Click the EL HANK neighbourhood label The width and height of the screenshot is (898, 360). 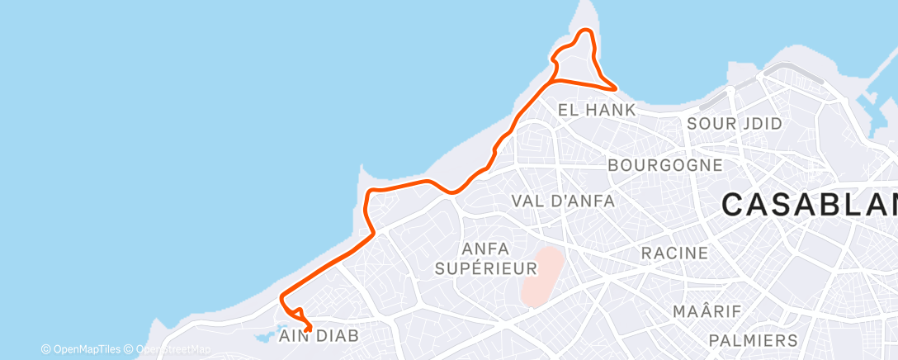pyautogui.click(x=597, y=110)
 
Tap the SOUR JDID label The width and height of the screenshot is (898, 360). pyautogui.click(x=735, y=124)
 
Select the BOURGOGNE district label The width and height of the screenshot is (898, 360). pyautogui.click(x=665, y=165)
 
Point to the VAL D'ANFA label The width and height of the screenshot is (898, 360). pyautogui.click(x=562, y=201)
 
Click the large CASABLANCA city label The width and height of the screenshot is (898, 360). pyautogui.click(x=809, y=204)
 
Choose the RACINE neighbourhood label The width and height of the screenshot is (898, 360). pyautogui.click(x=675, y=253)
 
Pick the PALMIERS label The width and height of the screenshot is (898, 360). pyautogui.click(x=754, y=340)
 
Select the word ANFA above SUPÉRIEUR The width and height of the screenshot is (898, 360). pyautogui.click(x=487, y=249)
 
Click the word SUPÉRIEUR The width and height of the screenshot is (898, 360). pyautogui.click(x=487, y=268)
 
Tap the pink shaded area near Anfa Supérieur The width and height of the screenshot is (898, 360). pyautogui.click(x=543, y=276)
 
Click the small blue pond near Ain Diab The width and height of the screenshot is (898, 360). pyautogui.click(x=264, y=337)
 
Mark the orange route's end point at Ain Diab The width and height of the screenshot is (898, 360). pyautogui.click(x=307, y=329)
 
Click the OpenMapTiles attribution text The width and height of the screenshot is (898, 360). pyautogui.click(x=81, y=349)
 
